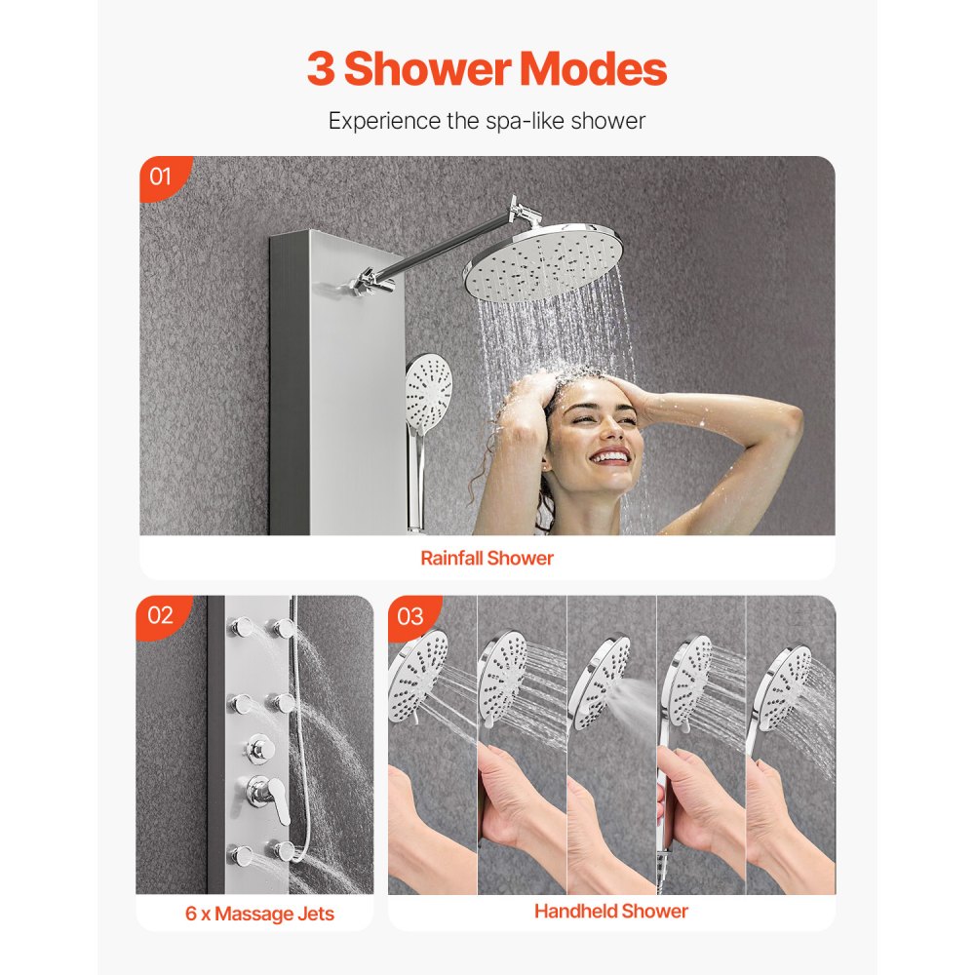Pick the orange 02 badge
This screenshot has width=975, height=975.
(x=160, y=615)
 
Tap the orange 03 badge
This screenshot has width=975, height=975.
(x=410, y=616)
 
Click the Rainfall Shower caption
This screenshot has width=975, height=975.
(x=487, y=559)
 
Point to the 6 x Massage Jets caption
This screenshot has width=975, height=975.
(x=259, y=914)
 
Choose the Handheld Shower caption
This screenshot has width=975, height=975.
(x=610, y=912)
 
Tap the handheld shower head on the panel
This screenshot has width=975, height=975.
(x=428, y=388)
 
